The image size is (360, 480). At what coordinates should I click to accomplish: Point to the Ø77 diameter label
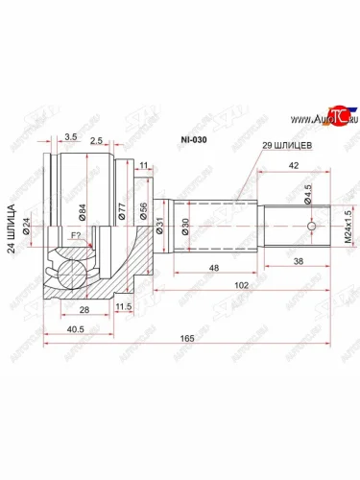pos(122,211)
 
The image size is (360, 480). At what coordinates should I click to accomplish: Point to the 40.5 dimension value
pos(61,326)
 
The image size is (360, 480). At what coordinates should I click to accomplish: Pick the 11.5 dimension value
pos(124,306)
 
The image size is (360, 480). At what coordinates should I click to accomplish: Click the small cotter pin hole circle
pos(313,228)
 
